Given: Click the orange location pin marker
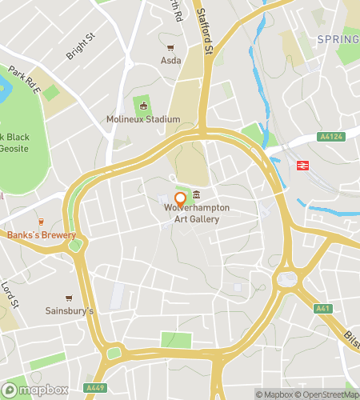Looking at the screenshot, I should click(180, 199).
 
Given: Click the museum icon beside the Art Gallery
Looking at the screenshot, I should click(196, 197).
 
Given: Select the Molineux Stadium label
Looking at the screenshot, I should click(143, 120).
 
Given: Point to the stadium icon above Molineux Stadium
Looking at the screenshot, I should click(144, 106).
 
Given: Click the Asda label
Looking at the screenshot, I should click(171, 60).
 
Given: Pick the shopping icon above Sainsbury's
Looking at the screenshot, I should click(68, 298).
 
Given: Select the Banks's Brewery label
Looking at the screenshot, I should click(42, 235).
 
